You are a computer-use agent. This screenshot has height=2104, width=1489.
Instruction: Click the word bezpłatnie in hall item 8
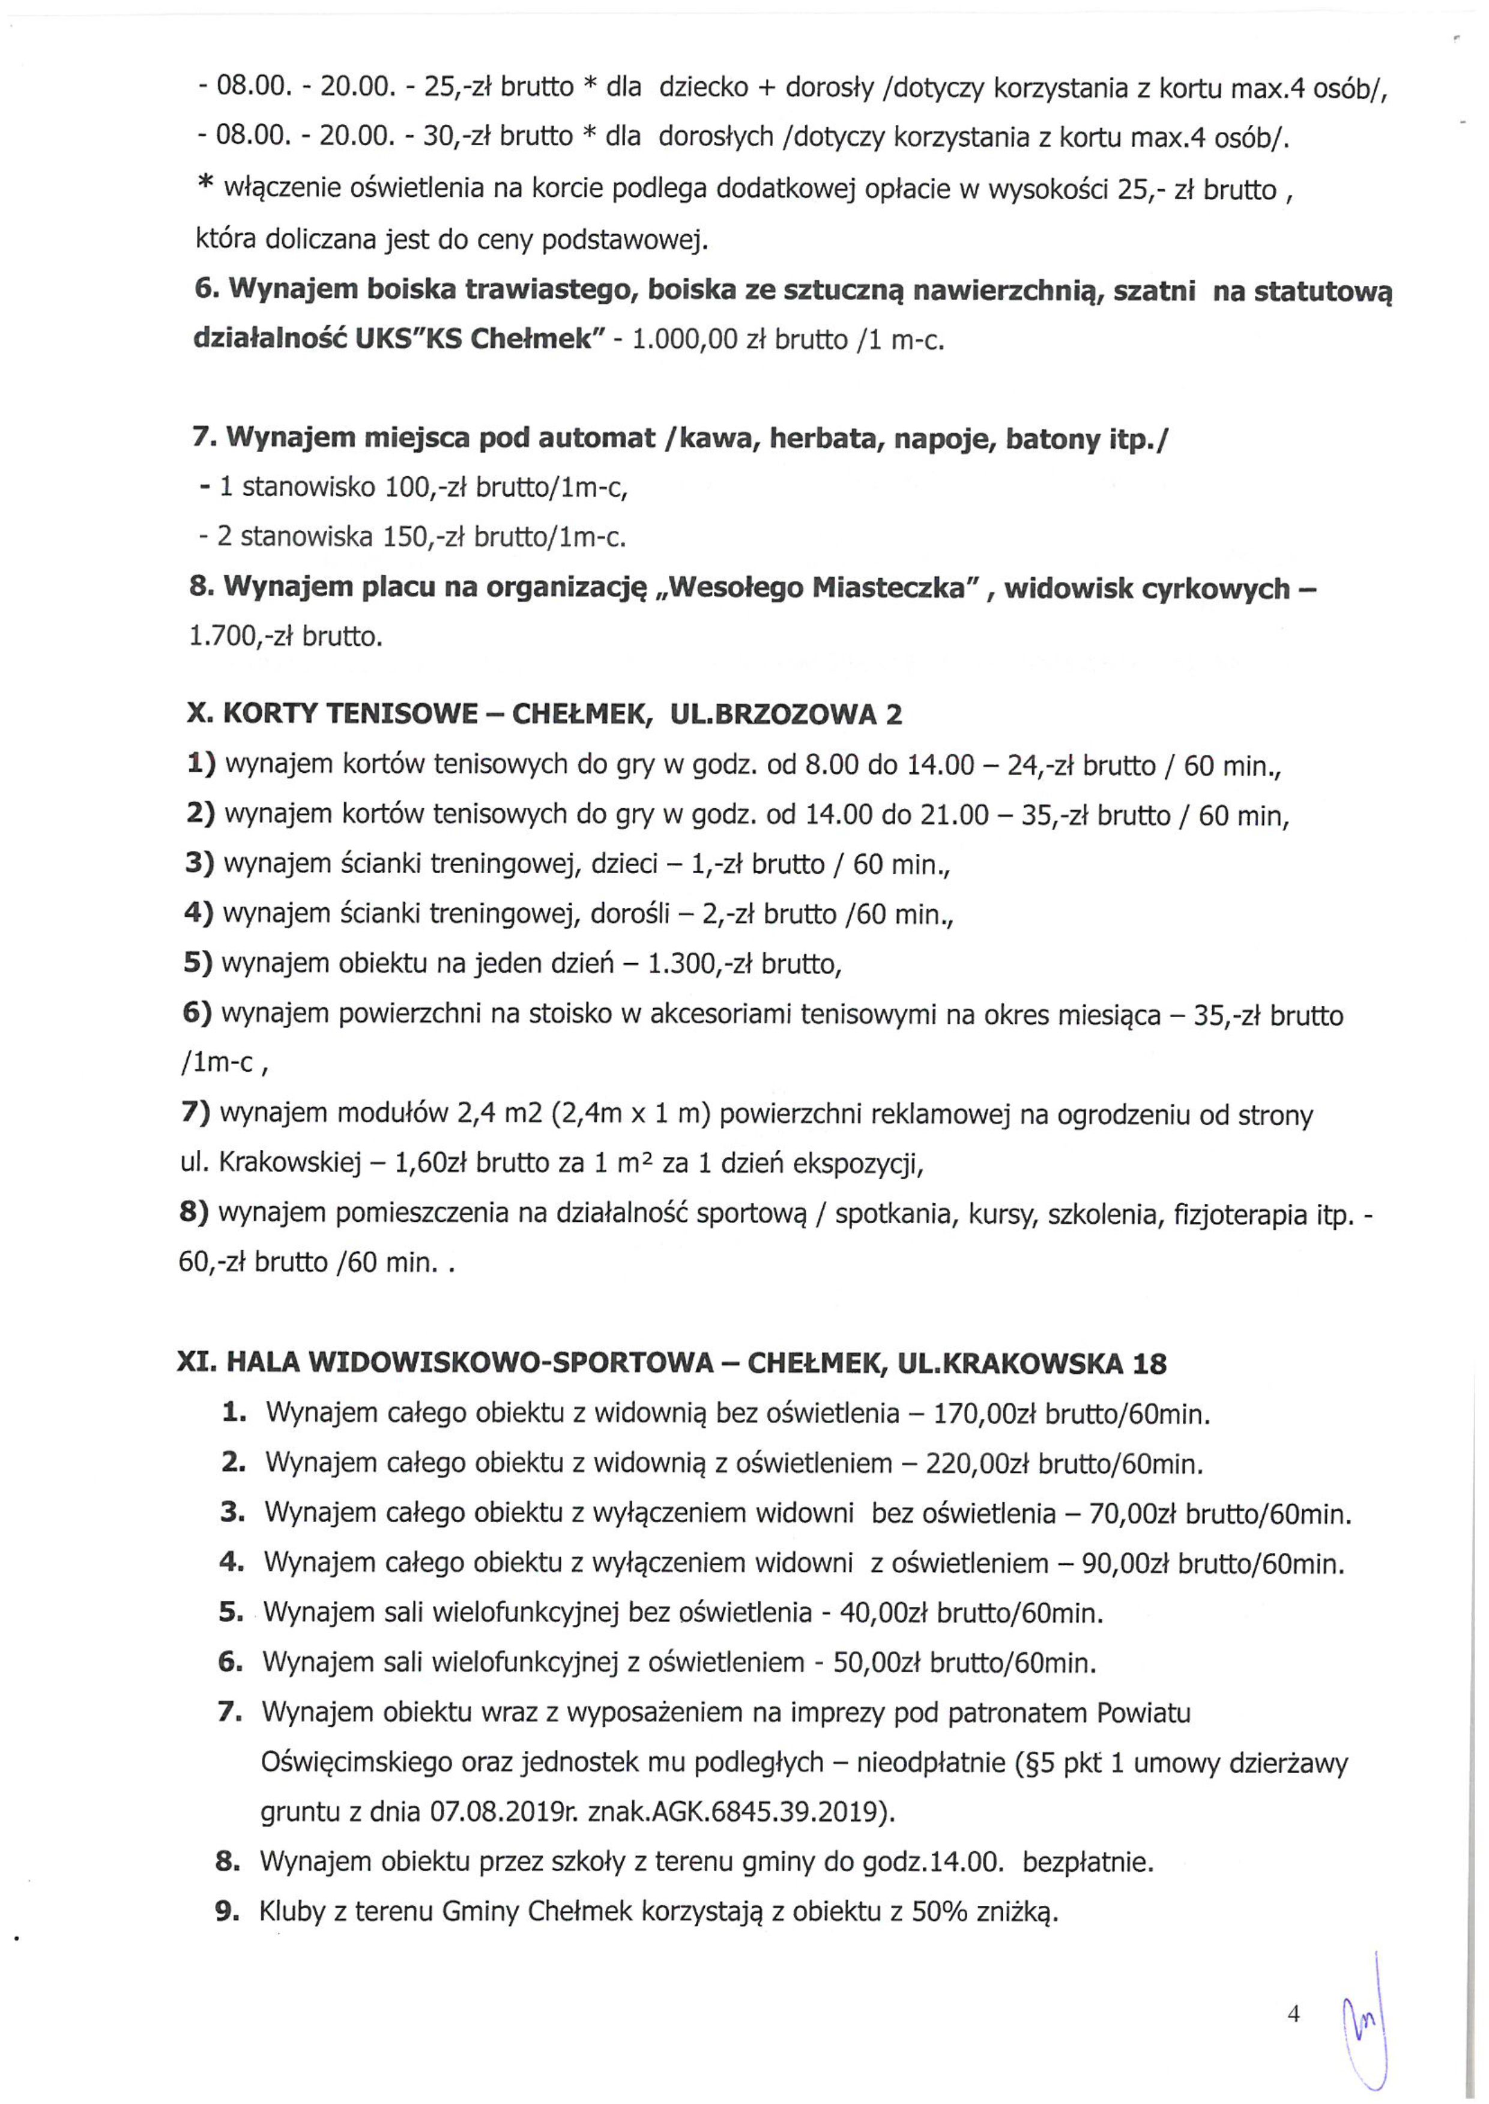click(x=1087, y=1862)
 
